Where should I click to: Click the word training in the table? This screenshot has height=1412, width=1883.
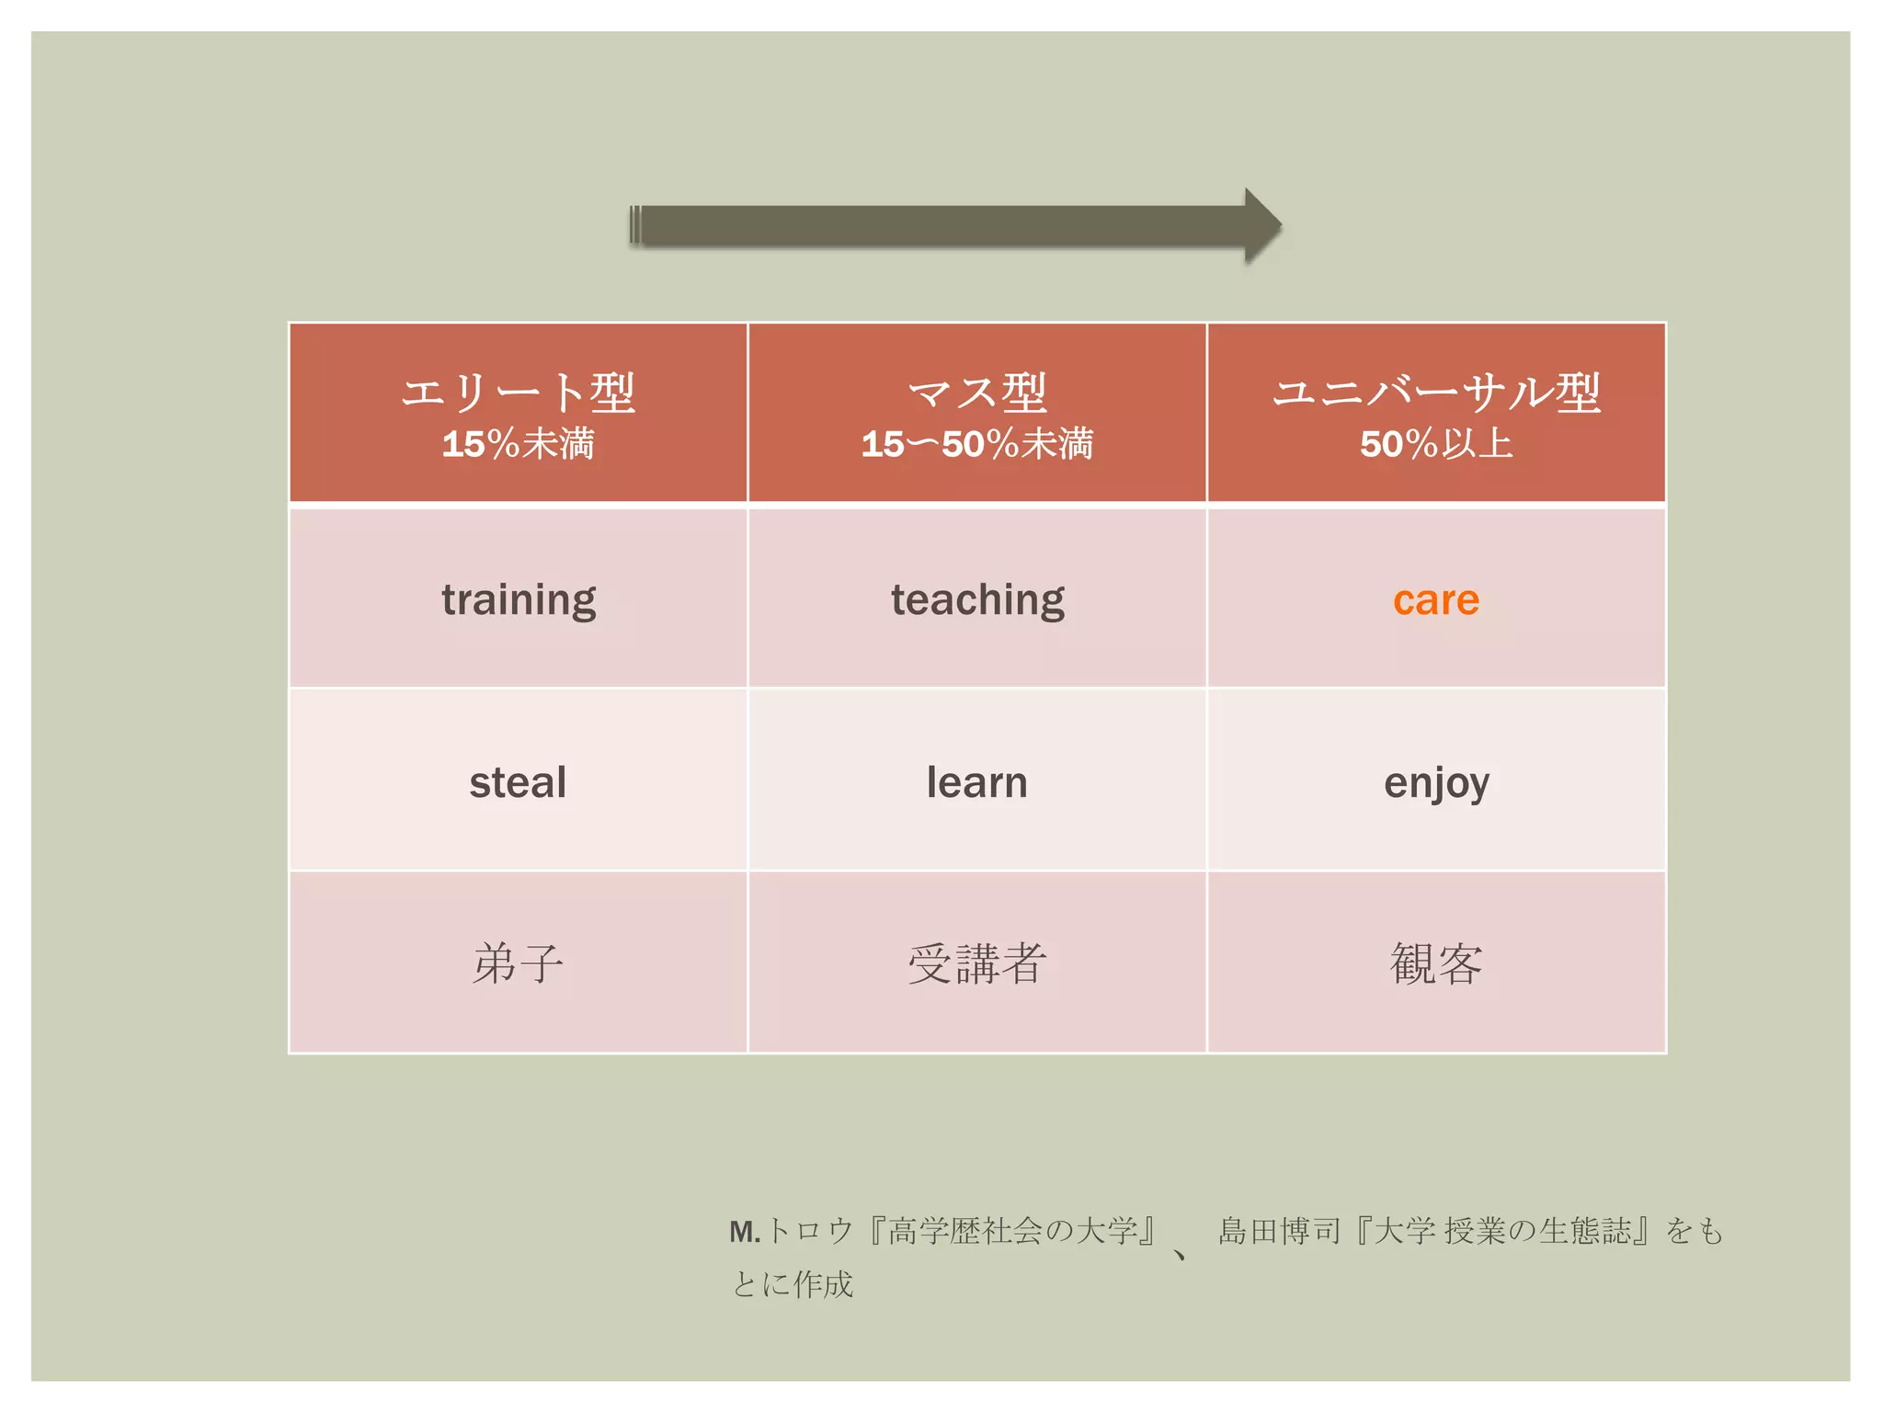click(519, 600)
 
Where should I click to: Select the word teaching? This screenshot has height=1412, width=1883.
click(977, 600)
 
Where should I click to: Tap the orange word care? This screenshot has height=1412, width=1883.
click(1435, 600)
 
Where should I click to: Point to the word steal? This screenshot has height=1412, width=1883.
click(518, 782)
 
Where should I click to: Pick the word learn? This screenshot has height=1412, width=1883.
click(976, 782)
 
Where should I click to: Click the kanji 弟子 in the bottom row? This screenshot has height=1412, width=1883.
click(518, 963)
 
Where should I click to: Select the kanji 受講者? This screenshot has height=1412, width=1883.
click(976, 963)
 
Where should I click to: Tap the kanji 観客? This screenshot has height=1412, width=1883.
click(1435, 963)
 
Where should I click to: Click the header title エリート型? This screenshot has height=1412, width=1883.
click(518, 393)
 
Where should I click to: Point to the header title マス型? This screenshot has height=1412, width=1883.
click(976, 393)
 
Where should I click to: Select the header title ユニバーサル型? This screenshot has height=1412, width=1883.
click(1435, 393)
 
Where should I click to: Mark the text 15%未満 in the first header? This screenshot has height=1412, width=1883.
click(518, 444)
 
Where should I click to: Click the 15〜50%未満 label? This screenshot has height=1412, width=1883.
click(976, 444)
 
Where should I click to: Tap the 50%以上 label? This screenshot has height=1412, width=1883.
click(1435, 444)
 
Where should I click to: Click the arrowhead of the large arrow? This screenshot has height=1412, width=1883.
click(1261, 226)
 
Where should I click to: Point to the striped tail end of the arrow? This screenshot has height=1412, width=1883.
click(636, 226)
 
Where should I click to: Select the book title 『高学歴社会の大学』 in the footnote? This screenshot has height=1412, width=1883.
click(1011, 1230)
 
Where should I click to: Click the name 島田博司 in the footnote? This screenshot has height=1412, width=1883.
click(1279, 1230)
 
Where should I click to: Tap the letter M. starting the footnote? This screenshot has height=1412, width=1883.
click(744, 1232)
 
